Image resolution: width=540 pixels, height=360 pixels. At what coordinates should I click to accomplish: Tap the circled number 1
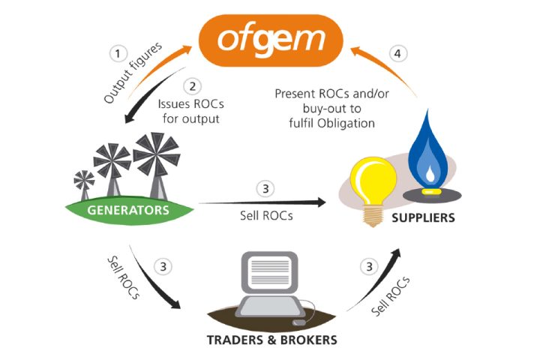pyautogui.click(x=117, y=53)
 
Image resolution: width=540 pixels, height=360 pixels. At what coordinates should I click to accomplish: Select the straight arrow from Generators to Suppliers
pyautogui.click(x=262, y=201)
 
